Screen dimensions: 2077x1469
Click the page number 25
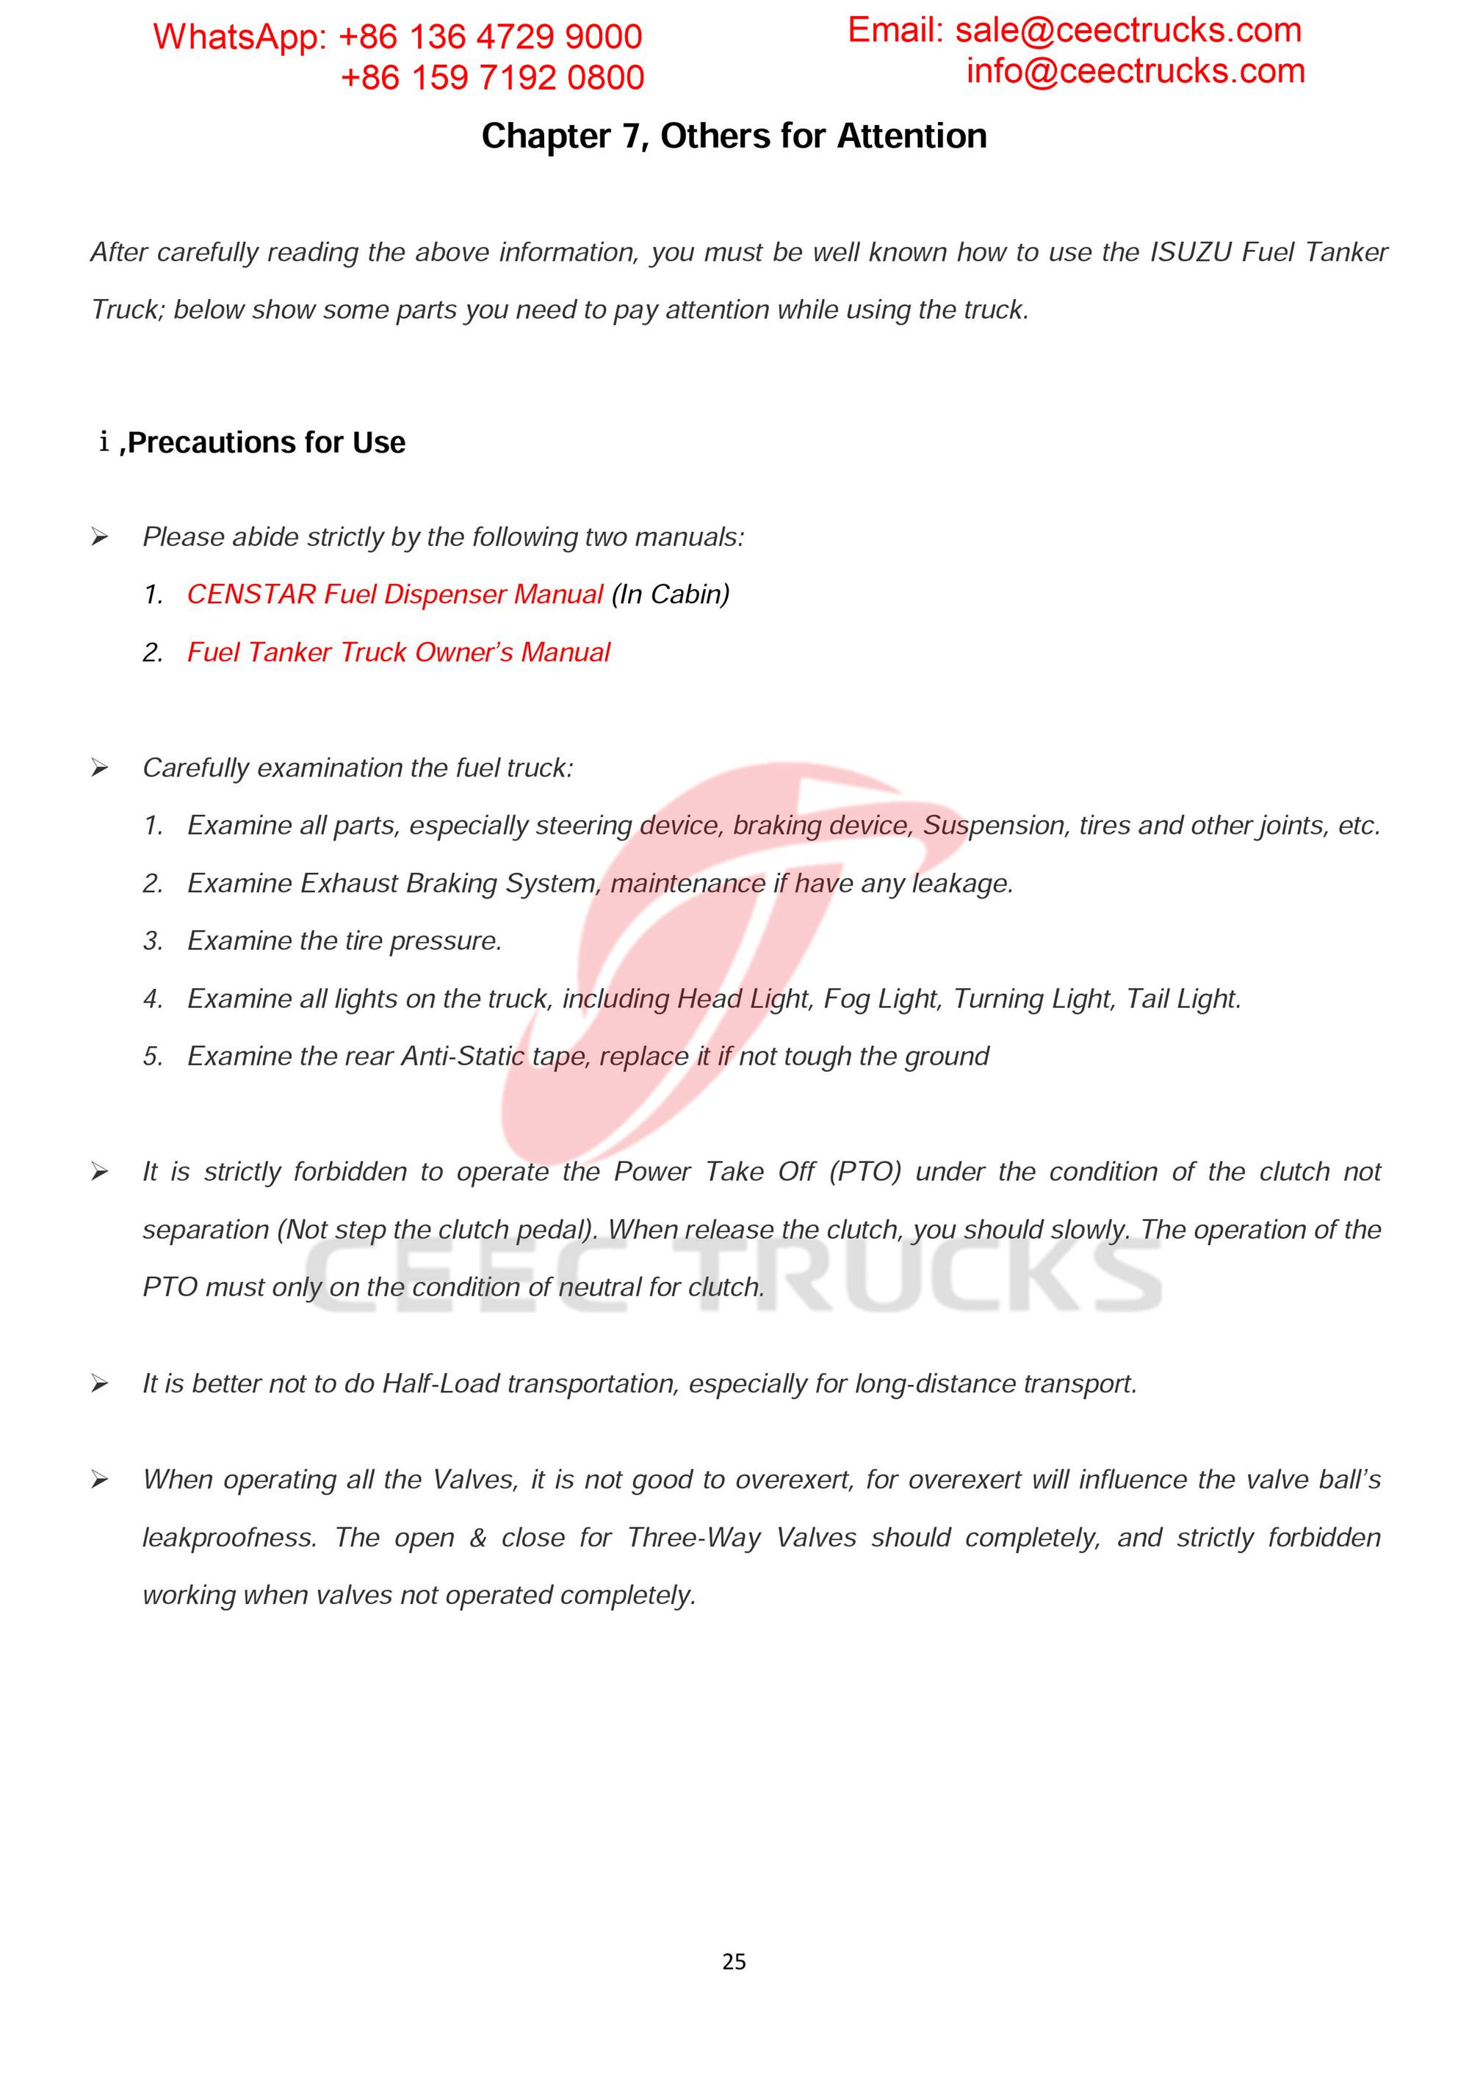pos(734,1961)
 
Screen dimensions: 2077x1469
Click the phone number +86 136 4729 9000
pos(489,37)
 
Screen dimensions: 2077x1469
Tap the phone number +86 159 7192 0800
pos(492,78)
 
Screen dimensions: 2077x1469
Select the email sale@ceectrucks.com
pos(1128,31)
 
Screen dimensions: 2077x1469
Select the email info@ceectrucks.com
pos(1136,71)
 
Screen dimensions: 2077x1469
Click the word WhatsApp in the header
pos(237,37)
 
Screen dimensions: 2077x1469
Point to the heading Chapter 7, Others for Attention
pos(734,136)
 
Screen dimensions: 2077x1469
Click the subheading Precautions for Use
pos(266,442)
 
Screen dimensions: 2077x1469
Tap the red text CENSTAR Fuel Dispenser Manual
pos(394,594)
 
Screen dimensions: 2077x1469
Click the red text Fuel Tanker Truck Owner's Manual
pos(398,652)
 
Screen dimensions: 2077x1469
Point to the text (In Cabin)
pos(671,594)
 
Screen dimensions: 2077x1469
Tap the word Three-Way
pos(694,1538)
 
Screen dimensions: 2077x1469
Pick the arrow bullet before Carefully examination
pos(99,768)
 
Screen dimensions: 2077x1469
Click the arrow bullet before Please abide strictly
pos(99,537)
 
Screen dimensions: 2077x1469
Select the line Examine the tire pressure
pos(344,941)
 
